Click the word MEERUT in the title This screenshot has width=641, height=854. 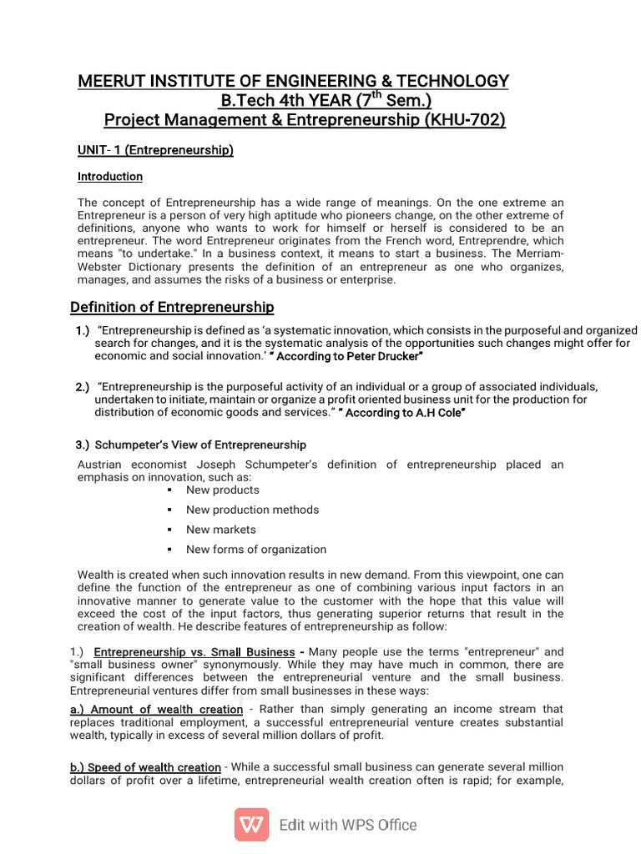click(x=112, y=81)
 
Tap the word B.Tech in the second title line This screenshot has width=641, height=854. click(x=245, y=101)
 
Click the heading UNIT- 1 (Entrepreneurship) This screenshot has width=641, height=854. click(x=155, y=150)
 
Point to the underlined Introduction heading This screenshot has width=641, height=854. click(x=110, y=177)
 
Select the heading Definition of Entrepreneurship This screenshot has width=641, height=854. click(x=172, y=307)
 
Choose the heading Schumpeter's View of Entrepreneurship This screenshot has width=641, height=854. click(x=200, y=445)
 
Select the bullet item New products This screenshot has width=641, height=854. click(x=223, y=490)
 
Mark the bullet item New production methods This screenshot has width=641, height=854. click(x=252, y=510)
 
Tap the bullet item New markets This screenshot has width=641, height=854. click(x=221, y=530)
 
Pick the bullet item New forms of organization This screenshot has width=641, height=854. click(x=256, y=550)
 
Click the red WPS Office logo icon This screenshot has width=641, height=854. click(x=251, y=825)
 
